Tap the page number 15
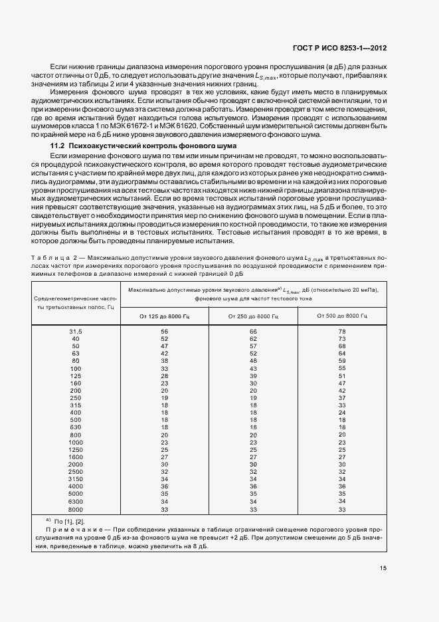coord(383,568)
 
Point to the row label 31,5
coord(76,330)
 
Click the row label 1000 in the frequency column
coord(76,442)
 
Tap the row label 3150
coord(76,479)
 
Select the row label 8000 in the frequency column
coord(76,510)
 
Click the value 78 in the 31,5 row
coord(342,330)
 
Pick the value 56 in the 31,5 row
coord(164,330)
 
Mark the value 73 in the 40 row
coord(342,338)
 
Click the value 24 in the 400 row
coord(342,413)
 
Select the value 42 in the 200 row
coord(342,391)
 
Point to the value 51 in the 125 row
coord(342,375)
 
